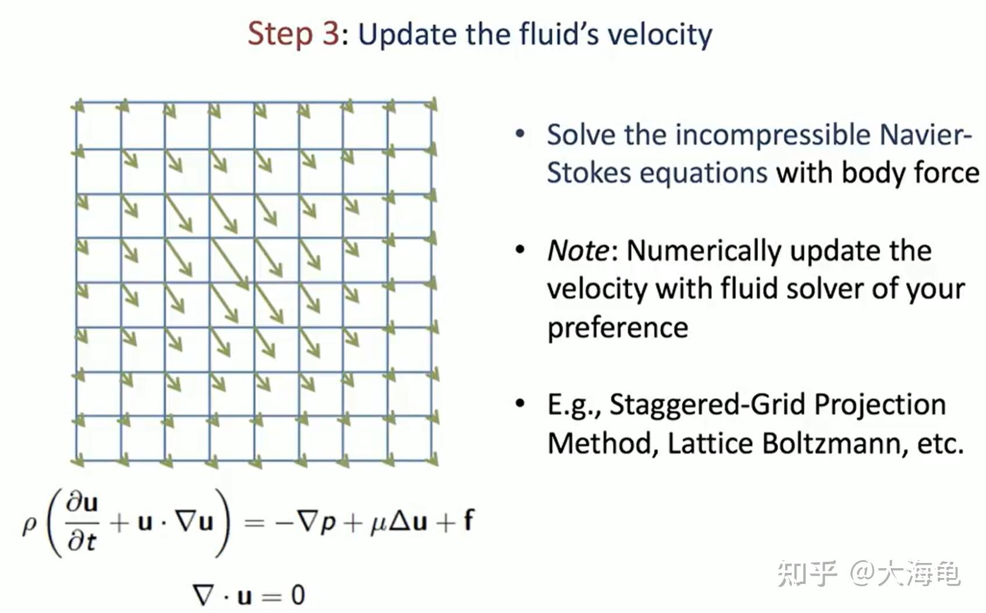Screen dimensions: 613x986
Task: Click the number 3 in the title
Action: tap(330, 34)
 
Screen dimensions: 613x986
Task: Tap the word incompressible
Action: tap(773, 135)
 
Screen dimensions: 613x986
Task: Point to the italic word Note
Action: tap(578, 251)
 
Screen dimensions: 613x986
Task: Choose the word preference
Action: tap(618, 328)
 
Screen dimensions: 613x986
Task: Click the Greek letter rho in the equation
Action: tap(29, 525)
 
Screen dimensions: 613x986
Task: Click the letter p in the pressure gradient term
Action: tap(328, 523)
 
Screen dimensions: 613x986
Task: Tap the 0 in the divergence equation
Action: tap(297, 595)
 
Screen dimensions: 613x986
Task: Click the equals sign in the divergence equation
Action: tap(271, 596)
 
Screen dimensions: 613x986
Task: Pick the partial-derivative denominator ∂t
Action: tap(81, 541)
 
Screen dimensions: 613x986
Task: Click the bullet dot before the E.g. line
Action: tap(520, 403)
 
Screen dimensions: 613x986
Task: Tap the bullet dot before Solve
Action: tap(520, 134)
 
